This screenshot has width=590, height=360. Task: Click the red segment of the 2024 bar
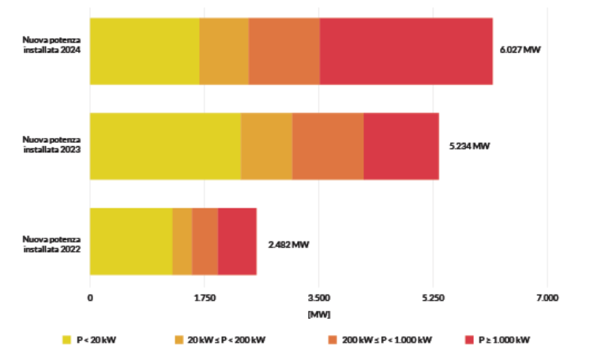[406, 51]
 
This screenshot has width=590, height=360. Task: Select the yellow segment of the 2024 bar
[145, 51]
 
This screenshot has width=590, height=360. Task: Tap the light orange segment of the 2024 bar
[224, 51]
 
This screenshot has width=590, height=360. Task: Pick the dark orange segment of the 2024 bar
[284, 51]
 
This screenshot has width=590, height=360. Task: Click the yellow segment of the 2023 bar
[165, 146]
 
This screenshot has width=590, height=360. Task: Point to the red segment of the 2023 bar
[401, 146]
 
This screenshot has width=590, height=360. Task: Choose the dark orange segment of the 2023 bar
[328, 146]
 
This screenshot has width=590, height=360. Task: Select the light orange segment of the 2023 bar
[267, 146]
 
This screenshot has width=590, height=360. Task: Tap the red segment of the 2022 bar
[237, 242]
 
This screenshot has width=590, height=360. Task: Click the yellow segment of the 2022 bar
[131, 242]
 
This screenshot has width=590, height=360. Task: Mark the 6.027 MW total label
[520, 51]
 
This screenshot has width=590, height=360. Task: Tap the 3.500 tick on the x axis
[318, 298]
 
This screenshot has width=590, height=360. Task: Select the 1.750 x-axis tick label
[204, 298]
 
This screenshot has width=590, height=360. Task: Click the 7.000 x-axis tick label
[547, 298]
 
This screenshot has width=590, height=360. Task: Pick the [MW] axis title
[318, 314]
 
